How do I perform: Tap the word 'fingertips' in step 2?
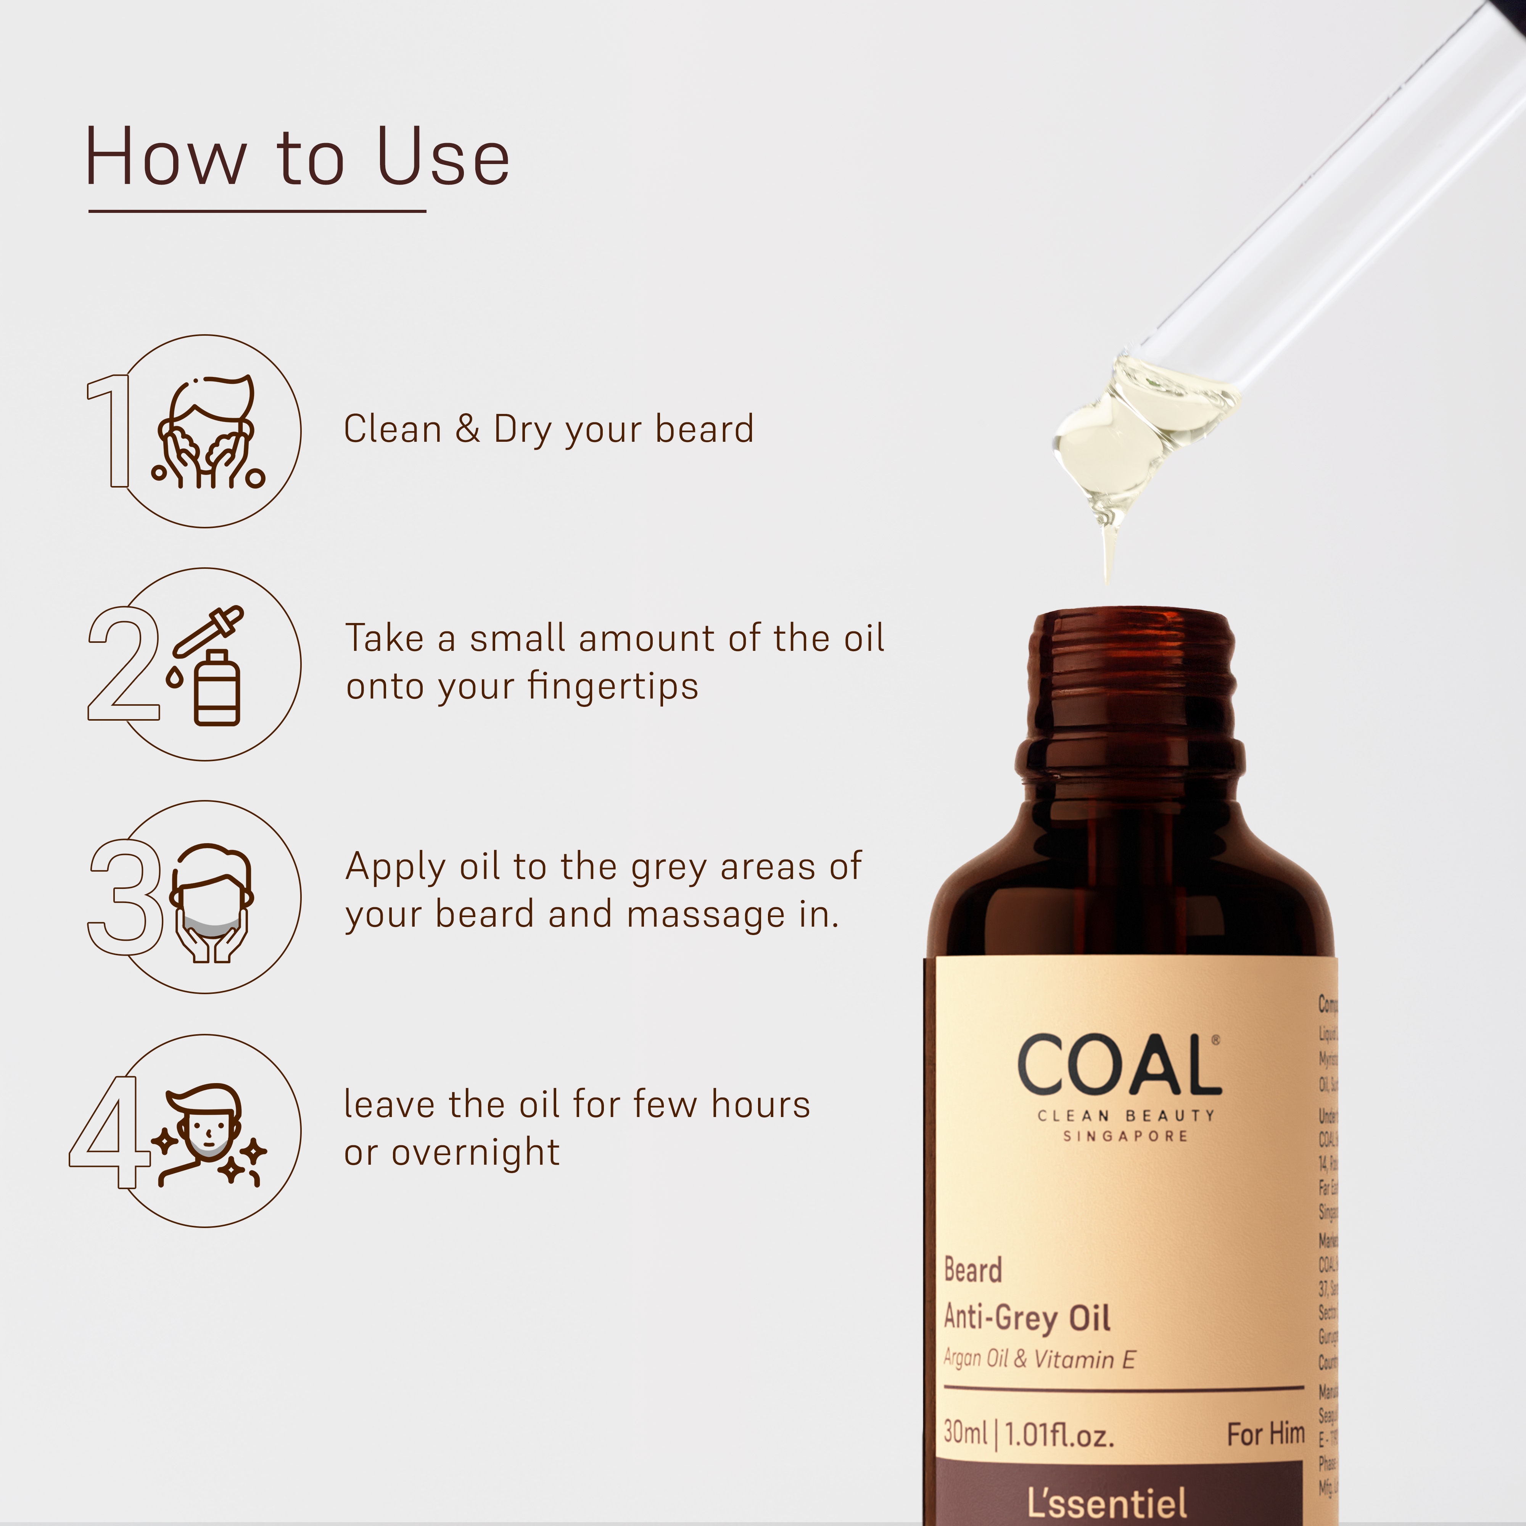click(x=613, y=686)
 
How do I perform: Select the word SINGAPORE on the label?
click(x=1125, y=1136)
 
